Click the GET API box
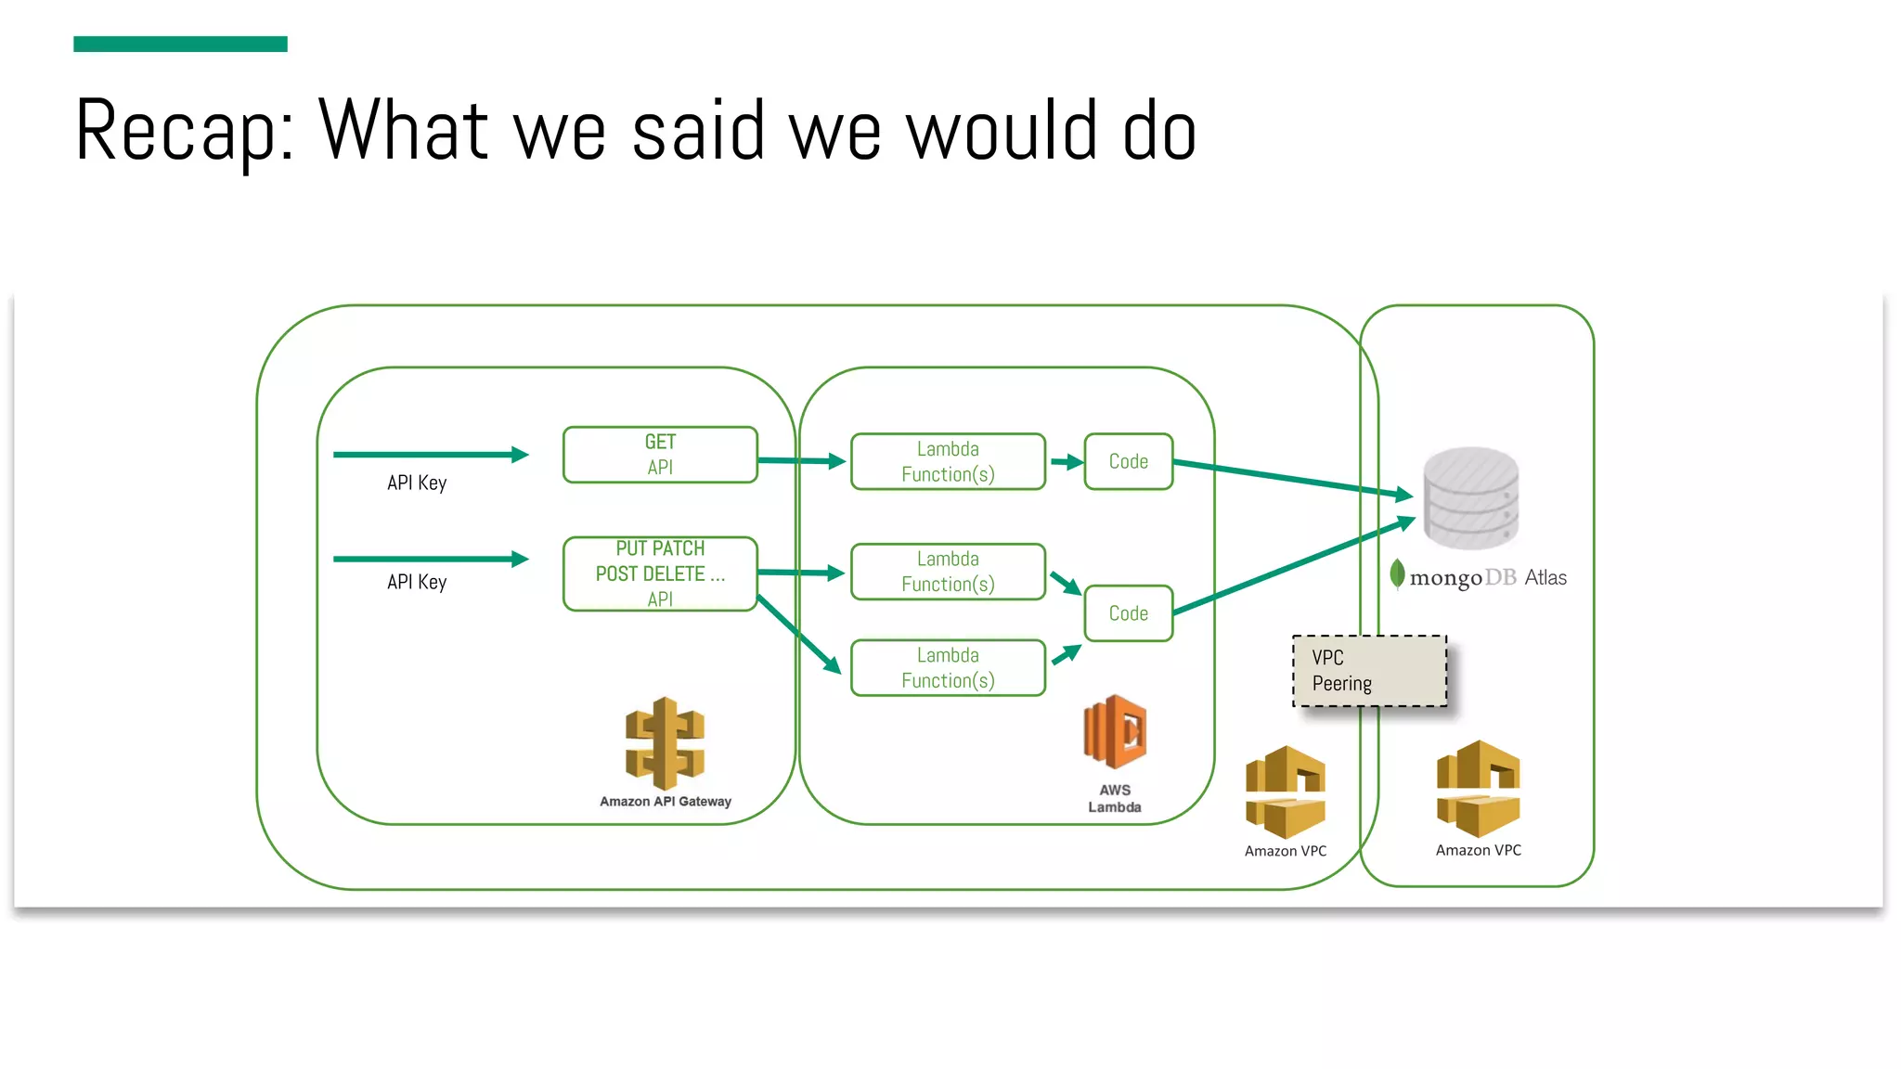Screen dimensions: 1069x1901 (x=660, y=455)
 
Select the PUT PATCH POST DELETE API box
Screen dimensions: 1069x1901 (x=660, y=573)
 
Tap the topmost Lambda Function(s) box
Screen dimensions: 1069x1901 (x=948, y=461)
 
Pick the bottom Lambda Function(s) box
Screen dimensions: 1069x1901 (x=948, y=667)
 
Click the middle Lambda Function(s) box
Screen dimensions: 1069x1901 (x=948, y=572)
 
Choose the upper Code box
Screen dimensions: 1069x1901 (x=1128, y=461)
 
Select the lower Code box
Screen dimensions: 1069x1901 (x=1128, y=613)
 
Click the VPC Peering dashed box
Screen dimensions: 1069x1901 (x=1369, y=671)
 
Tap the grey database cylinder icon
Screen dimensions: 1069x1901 (x=1471, y=497)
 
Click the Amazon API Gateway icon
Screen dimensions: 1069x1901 (x=665, y=743)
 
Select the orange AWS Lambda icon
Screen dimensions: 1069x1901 (x=1115, y=732)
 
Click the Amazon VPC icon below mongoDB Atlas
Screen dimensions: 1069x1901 (x=1478, y=789)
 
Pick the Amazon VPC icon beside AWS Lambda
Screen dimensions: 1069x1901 (x=1286, y=792)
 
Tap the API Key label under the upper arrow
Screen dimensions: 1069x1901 (x=417, y=483)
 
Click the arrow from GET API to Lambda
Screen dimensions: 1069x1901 (x=801, y=460)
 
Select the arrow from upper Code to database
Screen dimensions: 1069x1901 (x=1290, y=478)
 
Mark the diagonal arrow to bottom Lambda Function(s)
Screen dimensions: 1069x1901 (x=798, y=634)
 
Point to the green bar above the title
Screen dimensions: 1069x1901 (x=180, y=44)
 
